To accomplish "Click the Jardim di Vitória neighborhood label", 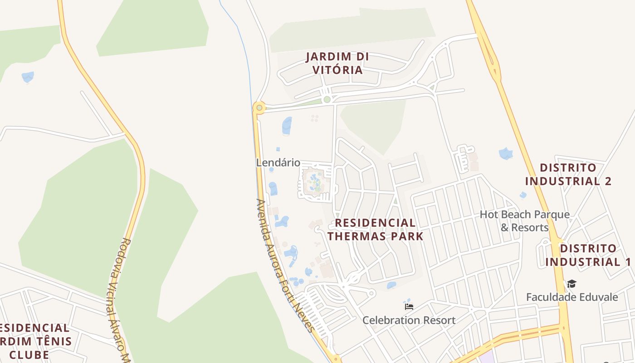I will pyautogui.click(x=337, y=64).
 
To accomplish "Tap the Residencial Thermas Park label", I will pyautogui.click(x=376, y=230).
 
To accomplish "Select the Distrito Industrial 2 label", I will pyautogui.click(x=568, y=175).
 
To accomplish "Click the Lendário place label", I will pyautogui.click(x=278, y=162).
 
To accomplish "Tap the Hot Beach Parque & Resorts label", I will pyautogui.click(x=525, y=221).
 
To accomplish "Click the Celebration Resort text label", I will pyautogui.click(x=409, y=320).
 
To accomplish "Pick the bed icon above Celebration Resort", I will pyautogui.click(x=409, y=306).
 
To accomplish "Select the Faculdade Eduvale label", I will pyautogui.click(x=572, y=297).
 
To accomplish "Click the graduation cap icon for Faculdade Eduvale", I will pyautogui.click(x=571, y=284).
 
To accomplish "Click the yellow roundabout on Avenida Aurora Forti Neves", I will pyautogui.click(x=259, y=108).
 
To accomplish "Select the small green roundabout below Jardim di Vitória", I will pyautogui.click(x=327, y=99).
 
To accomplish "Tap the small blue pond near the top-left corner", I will pyautogui.click(x=28, y=77).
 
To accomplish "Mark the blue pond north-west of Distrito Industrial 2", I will pyautogui.click(x=505, y=153).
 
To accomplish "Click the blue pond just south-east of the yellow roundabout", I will pyautogui.click(x=287, y=126).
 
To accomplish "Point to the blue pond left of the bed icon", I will pyautogui.click(x=391, y=285).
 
